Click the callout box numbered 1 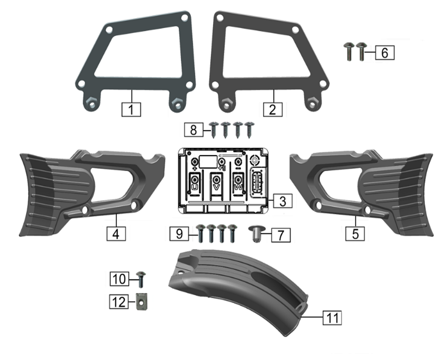(x=131, y=109)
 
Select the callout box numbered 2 (x=273, y=109)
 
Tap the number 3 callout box (x=283, y=201)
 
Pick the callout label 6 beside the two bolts (x=384, y=53)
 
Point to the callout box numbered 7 (x=281, y=235)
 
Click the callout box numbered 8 (x=194, y=130)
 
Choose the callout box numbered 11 (x=332, y=318)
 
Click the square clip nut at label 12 (x=142, y=301)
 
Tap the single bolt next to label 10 (x=141, y=280)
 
